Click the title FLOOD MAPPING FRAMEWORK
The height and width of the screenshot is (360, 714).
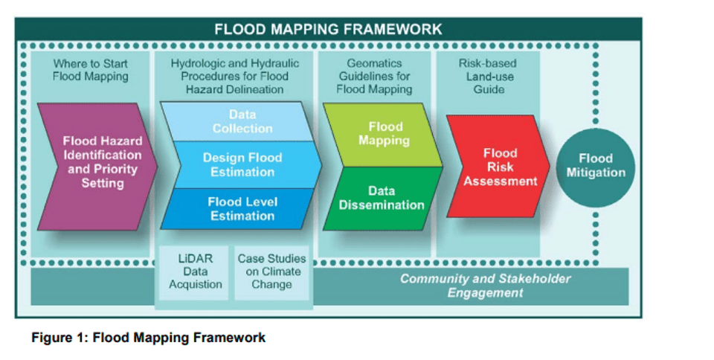[x=328, y=29]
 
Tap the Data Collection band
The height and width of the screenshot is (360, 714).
[x=242, y=121]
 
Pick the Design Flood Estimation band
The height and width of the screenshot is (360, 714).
[x=242, y=164]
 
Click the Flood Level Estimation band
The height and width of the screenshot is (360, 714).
[x=242, y=208]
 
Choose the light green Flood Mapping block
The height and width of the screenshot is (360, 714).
[x=384, y=134]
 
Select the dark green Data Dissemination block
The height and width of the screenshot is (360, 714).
[x=382, y=198]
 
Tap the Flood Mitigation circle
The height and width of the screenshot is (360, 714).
[x=595, y=165]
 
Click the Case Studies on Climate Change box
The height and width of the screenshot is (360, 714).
[x=271, y=271]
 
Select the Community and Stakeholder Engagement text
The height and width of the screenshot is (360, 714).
[x=485, y=286]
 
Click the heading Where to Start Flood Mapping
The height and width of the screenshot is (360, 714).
[x=90, y=70]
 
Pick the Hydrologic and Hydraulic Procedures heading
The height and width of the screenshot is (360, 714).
[x=234, y=76]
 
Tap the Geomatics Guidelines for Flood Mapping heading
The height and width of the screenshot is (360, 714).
[x=374, y=76]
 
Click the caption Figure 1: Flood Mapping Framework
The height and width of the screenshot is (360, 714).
[x=148, y=338]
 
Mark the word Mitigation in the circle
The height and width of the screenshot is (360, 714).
[x=595, y=173]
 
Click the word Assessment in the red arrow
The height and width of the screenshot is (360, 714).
[x=500, y=181]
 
